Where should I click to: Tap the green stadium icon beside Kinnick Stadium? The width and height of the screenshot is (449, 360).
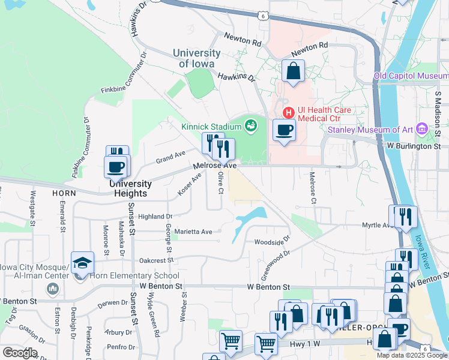coord(251,125)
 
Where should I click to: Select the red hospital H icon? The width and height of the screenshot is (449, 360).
coord(288,112)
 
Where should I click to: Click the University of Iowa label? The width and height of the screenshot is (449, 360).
coord(196,58)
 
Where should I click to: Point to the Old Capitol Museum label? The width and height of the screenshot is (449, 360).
coord(411,76)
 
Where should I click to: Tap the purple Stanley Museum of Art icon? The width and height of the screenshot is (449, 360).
coord(422,129)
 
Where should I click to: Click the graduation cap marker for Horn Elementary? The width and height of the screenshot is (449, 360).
coord(82,263)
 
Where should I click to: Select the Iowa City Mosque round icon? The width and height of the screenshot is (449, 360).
coord(53,290)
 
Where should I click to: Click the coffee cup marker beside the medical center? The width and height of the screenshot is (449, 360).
coord(285,129)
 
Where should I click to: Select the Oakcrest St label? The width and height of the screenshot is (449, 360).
coord(156,260)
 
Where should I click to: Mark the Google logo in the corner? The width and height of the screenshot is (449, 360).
coord(20,353)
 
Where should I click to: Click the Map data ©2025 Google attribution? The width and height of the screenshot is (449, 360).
coord(412,355)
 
